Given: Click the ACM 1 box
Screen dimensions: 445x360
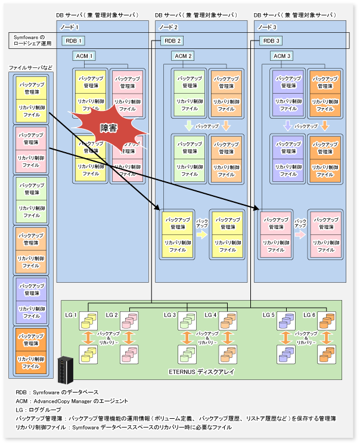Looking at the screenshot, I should (85, 55).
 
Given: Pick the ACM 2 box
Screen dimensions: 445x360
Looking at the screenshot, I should (184, 55).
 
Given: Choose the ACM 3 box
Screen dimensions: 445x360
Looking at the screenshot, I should (281, 55).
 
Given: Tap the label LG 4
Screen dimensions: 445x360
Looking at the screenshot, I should (210, 315).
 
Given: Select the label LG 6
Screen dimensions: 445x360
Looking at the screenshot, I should (309, 315).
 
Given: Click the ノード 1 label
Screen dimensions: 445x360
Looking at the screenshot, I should (69, 27).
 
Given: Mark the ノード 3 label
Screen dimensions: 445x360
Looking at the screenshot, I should (267, 27).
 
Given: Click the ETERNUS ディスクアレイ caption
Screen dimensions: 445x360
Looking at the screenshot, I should (200, 372).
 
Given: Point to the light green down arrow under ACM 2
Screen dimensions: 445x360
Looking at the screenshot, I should (188, 126).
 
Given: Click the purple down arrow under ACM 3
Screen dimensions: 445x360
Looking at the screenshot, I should (287, 126).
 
